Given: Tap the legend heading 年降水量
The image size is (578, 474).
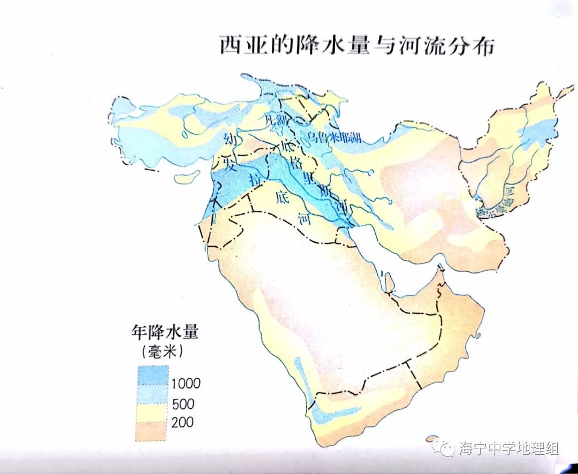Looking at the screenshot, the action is pyautogui.click(x=165, y=332).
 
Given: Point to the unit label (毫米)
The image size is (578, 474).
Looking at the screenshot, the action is pyautogui.click(x=163, y=351).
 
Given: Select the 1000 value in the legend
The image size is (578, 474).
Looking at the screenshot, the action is pyautogui.click(x=186, y=383).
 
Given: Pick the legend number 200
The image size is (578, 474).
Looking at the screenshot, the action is pyautogui.click(x=182, y=423).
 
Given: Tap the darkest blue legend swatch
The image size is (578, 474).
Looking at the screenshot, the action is pyautogui.click(x=153, y=374).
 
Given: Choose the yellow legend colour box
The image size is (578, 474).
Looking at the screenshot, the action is pyautogui.click(x=153, y=412).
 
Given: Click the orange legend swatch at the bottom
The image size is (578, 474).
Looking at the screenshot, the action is pyautogui.click(x=153, y=431).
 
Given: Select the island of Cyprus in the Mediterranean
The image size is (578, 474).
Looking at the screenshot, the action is pyautogui.click(x=187, y=177).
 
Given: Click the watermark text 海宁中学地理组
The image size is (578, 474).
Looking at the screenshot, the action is pyautogui.click(x=508, y=448).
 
